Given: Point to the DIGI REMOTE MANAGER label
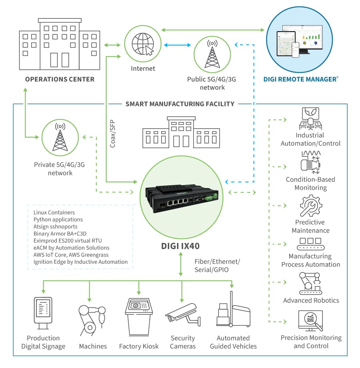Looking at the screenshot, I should (300, 79).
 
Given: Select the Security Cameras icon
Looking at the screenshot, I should (181, 314).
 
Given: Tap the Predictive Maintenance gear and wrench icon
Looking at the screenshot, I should (311, 207).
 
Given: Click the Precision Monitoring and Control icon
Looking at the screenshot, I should (311, 320).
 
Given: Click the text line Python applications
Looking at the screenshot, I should (58, 219).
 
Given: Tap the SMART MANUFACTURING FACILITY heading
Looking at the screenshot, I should (180, 104).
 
